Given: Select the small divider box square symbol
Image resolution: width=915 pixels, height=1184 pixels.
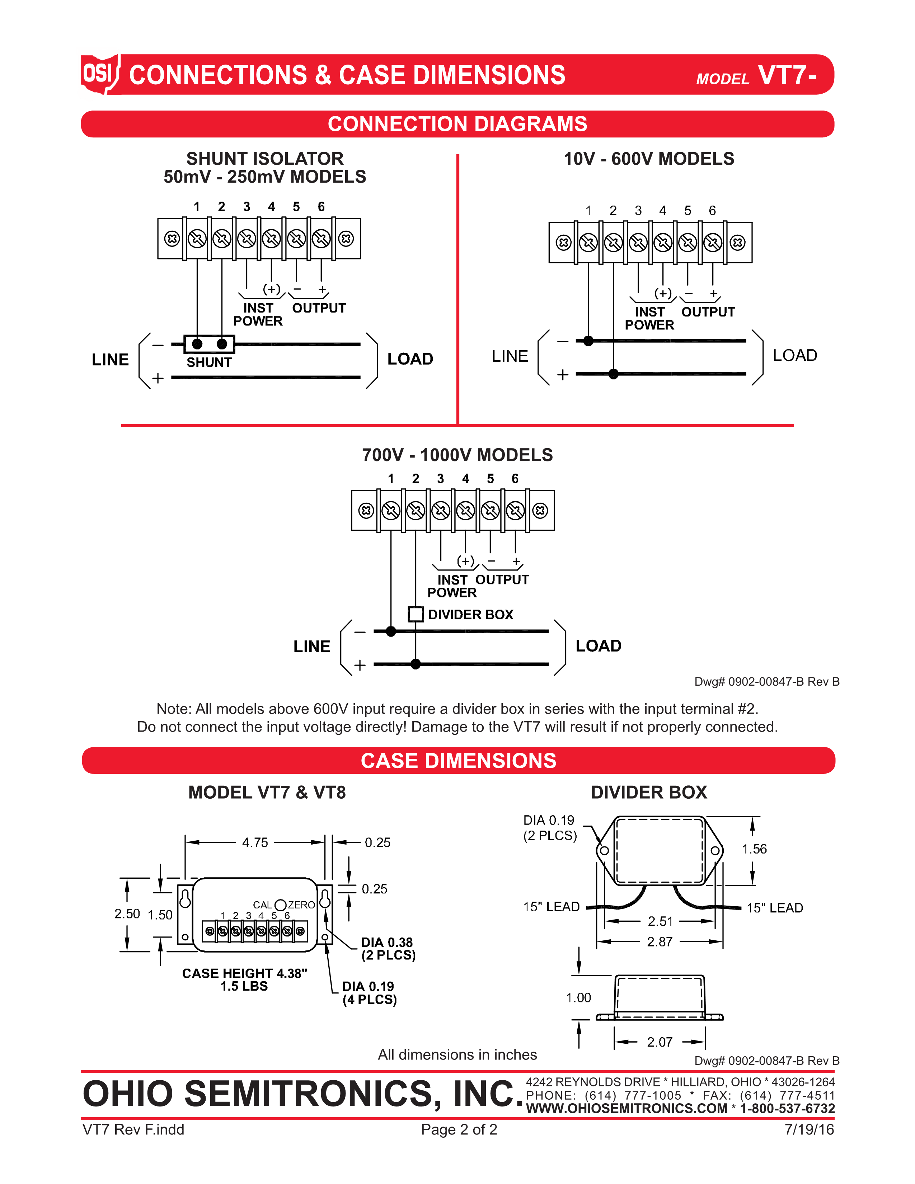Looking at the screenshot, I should coord(415,614).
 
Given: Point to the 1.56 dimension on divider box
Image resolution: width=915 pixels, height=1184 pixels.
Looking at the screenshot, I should coord(754,849).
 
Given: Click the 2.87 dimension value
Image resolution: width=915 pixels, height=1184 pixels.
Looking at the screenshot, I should coord(659,942).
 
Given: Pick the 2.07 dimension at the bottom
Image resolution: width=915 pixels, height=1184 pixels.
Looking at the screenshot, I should coord(659,1042).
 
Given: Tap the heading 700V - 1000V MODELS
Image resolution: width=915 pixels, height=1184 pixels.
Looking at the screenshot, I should coord(457,455).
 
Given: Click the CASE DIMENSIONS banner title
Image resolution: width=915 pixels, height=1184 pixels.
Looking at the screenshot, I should coord(458,761).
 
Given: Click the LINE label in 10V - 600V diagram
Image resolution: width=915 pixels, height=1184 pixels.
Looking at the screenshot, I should coord(510,356).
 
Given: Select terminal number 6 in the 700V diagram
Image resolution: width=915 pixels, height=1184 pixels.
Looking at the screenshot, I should coord(515,479).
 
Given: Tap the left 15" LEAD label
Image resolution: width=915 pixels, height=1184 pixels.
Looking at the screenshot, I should coord(551,906).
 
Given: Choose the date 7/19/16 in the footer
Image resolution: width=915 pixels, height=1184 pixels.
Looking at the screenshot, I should coord(809,1129).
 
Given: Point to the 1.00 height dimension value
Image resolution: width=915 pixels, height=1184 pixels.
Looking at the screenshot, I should coord(578,997).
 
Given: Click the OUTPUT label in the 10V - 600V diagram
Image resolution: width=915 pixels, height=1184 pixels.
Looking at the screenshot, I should coord(708,312).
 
